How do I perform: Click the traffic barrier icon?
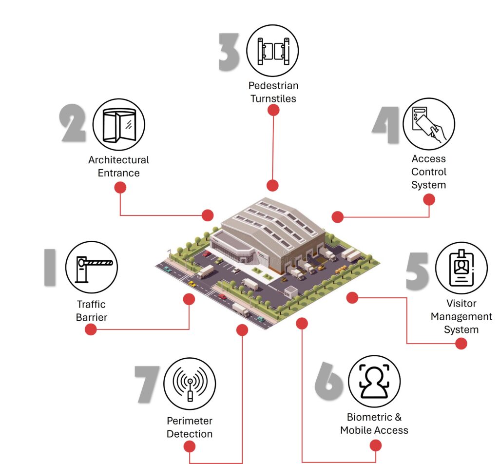92,267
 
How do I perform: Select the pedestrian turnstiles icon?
272,51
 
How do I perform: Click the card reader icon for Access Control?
429,123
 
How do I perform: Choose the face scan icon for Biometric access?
374,381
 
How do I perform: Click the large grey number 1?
50,267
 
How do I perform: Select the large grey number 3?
230,52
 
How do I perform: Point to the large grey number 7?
147,384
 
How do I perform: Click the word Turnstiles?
273,98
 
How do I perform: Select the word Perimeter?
190,421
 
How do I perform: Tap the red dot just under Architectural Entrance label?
120,188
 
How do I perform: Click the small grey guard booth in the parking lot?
291,291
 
